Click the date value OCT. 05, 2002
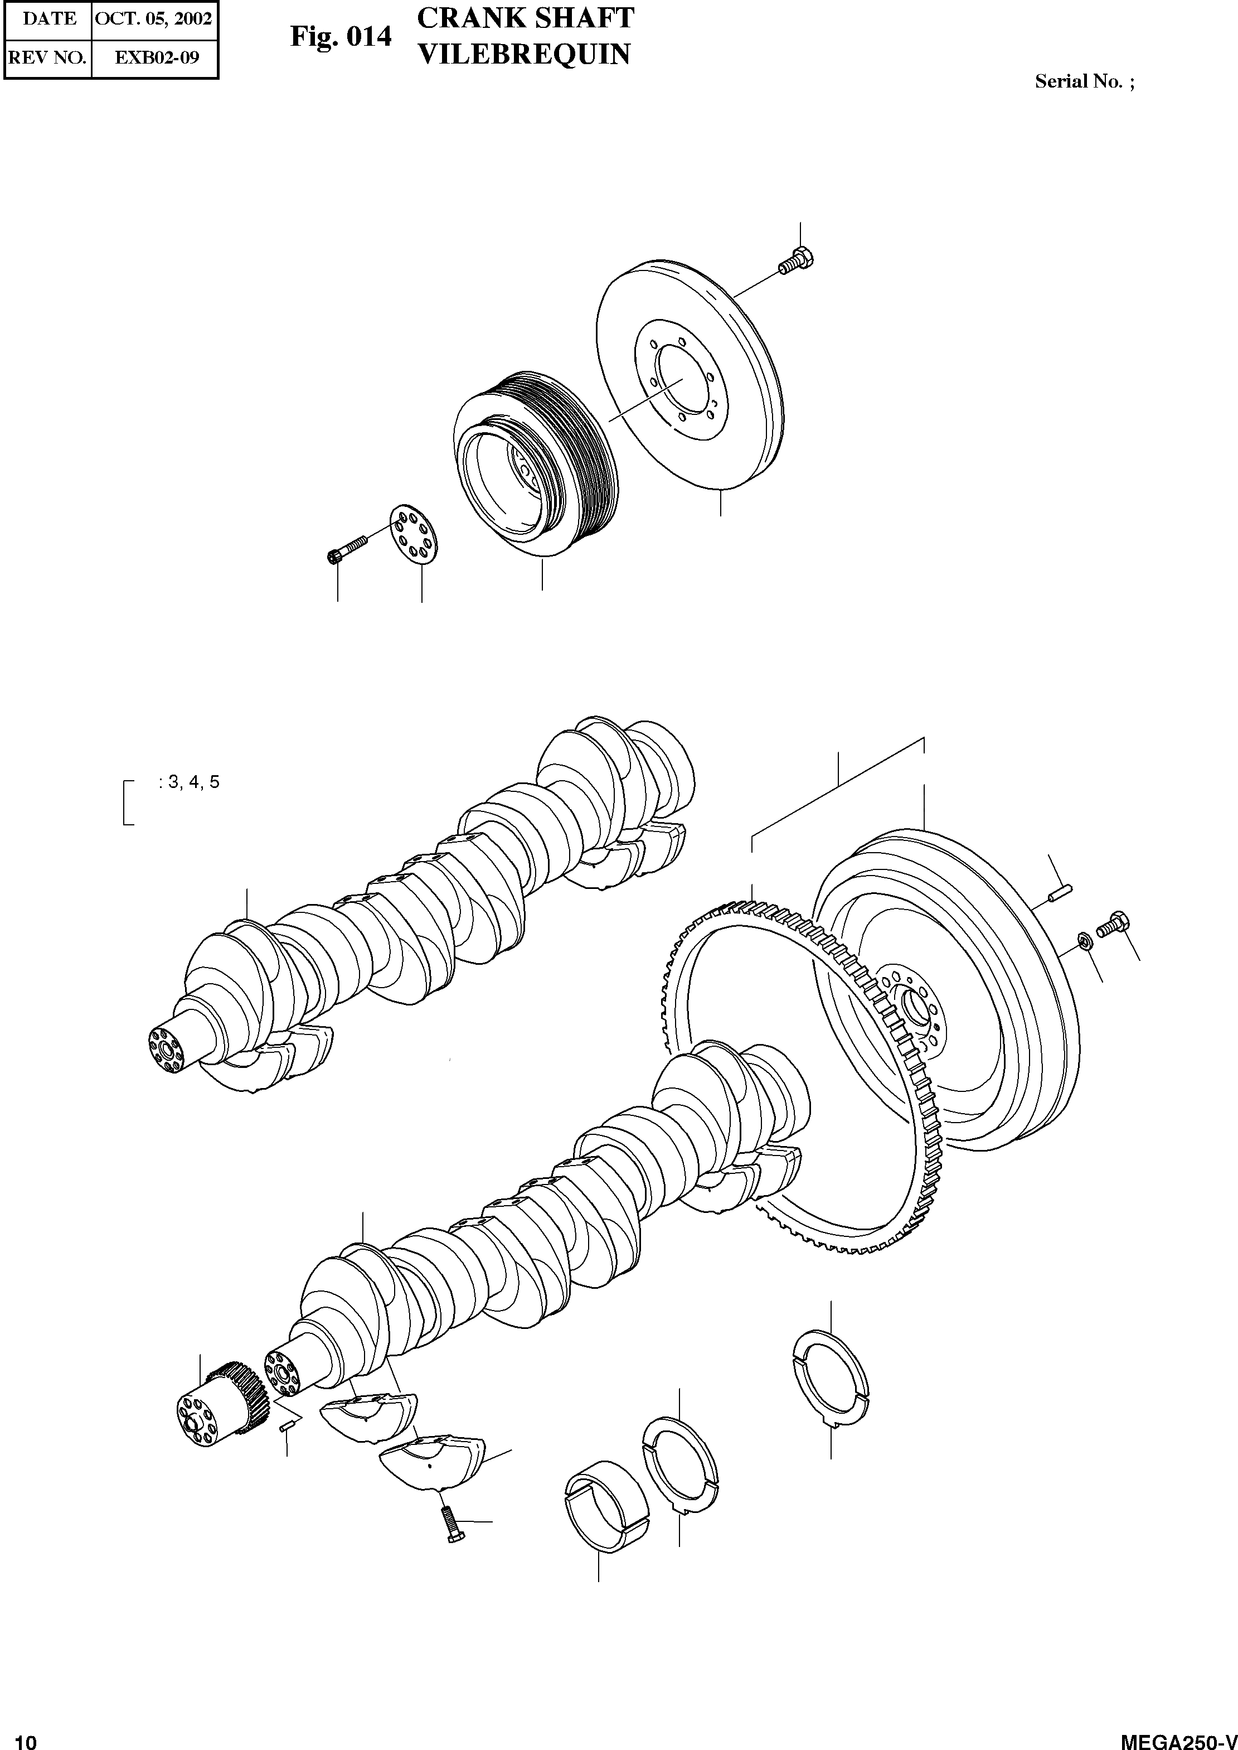tap(153, 18)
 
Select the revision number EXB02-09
tap(156, 57)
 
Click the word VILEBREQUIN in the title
tap(525, 54)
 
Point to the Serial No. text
tap(1083, 81)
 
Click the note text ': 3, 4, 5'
tap(189, 782)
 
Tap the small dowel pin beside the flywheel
tap(1060, 892)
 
